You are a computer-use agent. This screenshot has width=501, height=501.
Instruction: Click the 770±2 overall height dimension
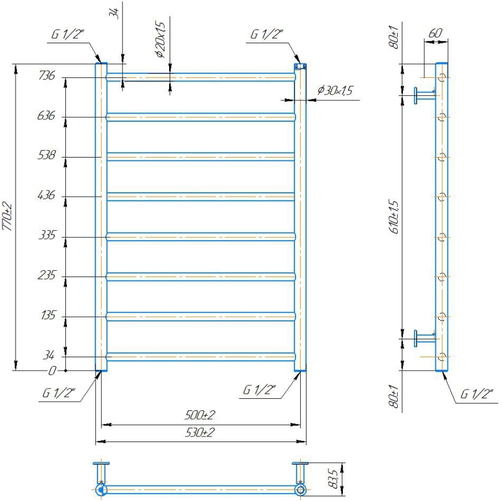click(8, 216)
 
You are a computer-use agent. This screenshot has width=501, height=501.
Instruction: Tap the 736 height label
click(47, 76)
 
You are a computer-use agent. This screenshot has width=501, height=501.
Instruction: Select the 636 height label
click(47, 117)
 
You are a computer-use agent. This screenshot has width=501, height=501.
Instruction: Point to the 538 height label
click(47, 155)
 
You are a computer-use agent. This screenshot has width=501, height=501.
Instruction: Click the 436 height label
click(47, 196)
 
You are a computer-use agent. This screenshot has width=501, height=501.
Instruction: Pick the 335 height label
click(47, 236)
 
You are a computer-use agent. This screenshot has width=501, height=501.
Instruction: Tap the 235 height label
click(47, 276)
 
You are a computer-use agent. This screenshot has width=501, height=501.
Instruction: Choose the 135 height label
click(47, 316)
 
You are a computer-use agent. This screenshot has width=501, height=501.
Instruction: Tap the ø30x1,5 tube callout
click(335, 91)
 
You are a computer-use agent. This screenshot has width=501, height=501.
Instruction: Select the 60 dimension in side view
click(435, 33)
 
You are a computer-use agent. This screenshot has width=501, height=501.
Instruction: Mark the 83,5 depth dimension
click(332, 477)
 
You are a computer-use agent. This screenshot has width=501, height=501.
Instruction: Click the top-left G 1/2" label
click(68, 34)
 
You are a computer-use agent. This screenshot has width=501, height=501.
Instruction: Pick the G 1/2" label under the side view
click(477, 395)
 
